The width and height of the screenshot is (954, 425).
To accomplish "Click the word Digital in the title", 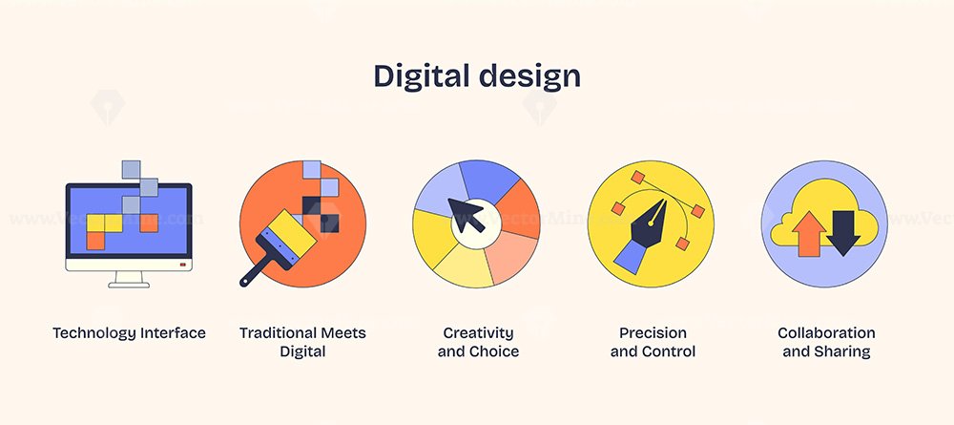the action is [x=422, y=77].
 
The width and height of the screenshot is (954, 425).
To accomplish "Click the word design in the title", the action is [x=529, y=76].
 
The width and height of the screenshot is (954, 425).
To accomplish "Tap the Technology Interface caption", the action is [x=129, y=333].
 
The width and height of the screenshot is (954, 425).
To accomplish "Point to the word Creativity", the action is [x=478, y=333].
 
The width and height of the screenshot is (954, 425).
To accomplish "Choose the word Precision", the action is [x=653, y=333].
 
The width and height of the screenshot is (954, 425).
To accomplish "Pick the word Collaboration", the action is [x=826, y=333].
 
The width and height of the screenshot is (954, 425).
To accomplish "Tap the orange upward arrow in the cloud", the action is [x=809, y=233].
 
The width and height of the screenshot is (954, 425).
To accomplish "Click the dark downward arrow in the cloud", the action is [x=843, y=233].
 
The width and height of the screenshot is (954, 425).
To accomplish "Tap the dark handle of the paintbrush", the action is [x=255, y=267].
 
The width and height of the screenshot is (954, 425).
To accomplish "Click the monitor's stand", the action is [x=129, y=280].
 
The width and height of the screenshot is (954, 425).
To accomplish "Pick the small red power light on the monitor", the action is [x=182, y=265].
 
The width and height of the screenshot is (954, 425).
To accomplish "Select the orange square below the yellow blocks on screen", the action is [x=95, y=241].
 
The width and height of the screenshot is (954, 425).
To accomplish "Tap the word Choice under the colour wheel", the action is [x=494, y=351].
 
